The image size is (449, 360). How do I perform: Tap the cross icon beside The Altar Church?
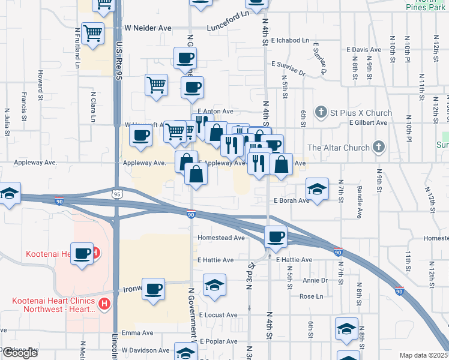point(378,147)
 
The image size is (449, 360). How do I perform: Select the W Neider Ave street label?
point(148,28)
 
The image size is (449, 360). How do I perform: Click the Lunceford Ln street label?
point(228,28)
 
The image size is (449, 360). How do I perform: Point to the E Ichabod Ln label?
point(289,41)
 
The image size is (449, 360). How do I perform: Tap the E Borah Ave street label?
point(291,200)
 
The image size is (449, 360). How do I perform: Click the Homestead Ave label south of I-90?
point(222,238)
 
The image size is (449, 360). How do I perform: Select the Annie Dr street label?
point(315,280)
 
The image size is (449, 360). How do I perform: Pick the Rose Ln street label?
point(311,296)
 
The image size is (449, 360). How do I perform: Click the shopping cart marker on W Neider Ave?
point(92,33)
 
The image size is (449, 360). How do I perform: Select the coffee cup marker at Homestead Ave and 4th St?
point(276,236)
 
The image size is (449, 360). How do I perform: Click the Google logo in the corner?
point(20,353)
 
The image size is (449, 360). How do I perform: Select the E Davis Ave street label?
point(364,50)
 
